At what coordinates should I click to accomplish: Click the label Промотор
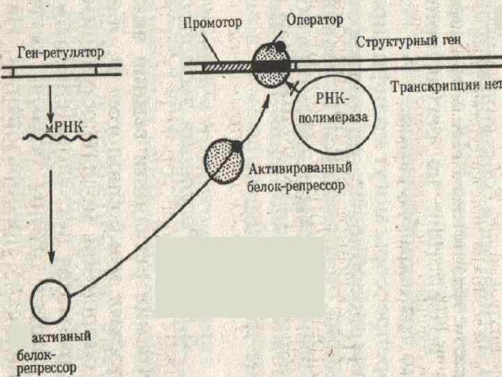point(213,22)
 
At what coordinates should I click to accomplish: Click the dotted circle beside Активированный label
point(223,162)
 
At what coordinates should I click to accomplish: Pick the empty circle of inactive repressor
point(50,300)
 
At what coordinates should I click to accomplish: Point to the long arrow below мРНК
point(51,209)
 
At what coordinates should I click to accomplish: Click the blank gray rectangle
point(239,277)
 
